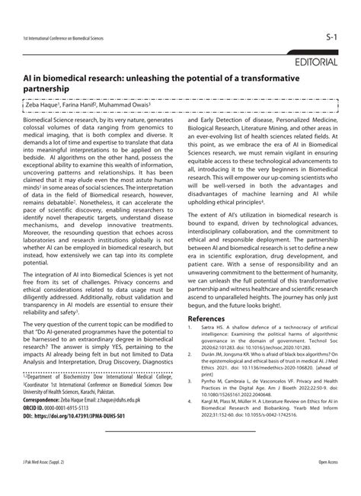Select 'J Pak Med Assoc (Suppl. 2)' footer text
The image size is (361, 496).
[43, 483]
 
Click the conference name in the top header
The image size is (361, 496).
[62, 37]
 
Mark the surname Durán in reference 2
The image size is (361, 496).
[211, 331]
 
